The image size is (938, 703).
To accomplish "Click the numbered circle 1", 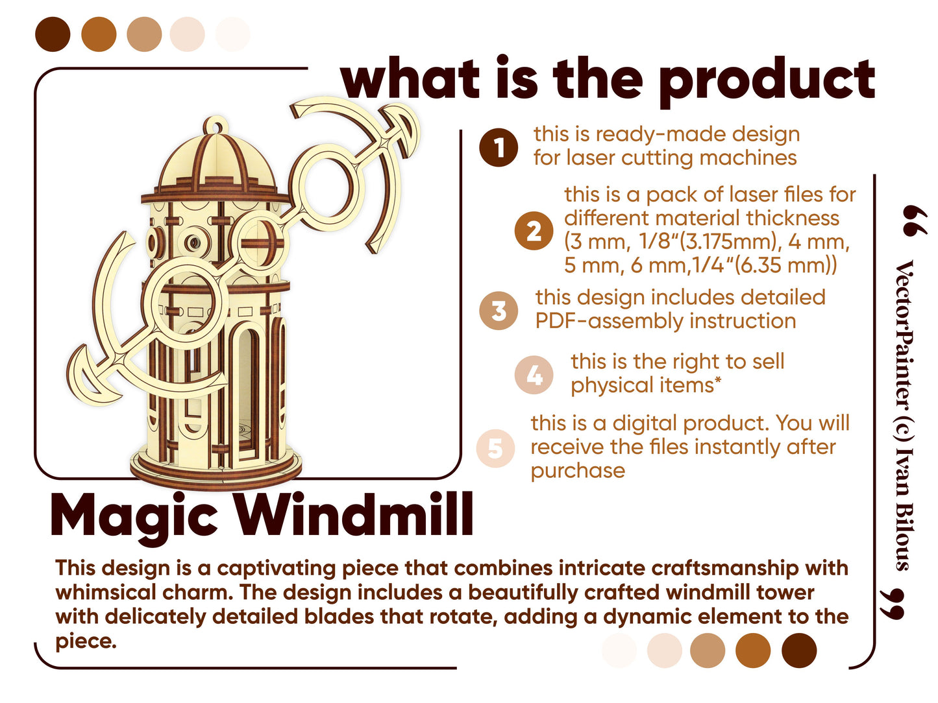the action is click(499, 147).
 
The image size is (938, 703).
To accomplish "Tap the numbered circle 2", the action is click(534, 230).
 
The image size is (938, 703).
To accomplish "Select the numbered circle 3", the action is click(499, 310).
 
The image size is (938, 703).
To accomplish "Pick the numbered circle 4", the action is click(534, 374).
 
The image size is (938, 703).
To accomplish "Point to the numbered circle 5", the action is click(495, 448).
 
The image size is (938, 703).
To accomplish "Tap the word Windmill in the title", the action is click(354, 514).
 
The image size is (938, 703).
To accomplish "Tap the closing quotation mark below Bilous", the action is click(893, 604).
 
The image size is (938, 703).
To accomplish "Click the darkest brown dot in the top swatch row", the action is click(53, 34).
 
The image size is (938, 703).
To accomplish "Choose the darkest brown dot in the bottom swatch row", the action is click(798, 650).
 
